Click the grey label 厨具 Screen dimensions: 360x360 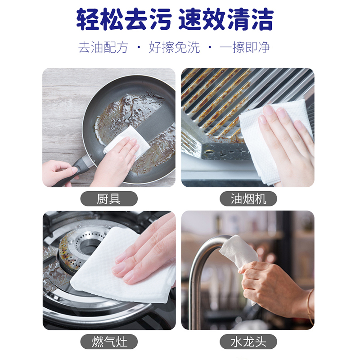point(109,198)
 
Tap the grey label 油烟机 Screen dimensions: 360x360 point(248,198)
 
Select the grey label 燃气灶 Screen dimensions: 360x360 point(109,341)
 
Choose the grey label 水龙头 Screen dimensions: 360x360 point(248,341)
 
